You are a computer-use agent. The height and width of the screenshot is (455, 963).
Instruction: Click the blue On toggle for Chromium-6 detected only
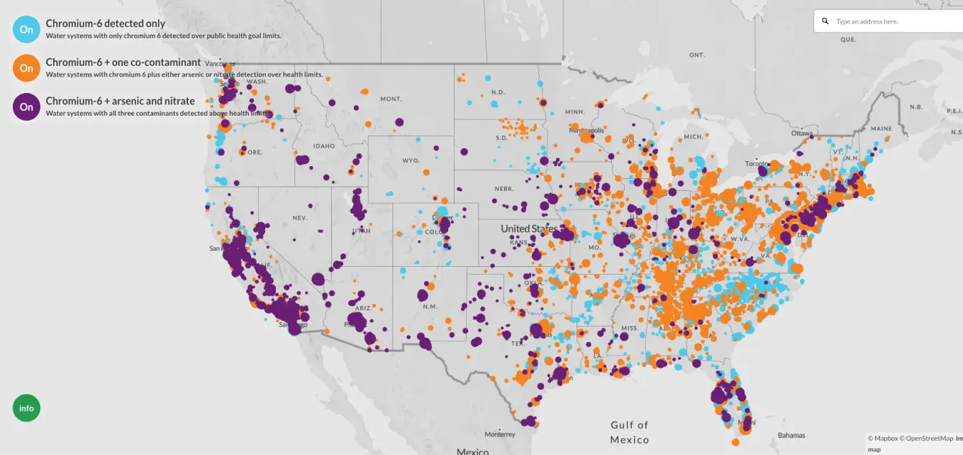[26, 29]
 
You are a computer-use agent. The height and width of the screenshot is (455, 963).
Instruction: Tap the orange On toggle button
[26, 68]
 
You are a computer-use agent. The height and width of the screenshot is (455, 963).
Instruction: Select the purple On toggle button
[26, 106]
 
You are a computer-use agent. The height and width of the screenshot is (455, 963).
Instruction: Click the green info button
[26, 408]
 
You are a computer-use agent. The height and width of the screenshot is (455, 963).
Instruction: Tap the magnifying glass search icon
[825, 21]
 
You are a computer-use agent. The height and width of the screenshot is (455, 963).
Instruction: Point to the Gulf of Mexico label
[629, 432]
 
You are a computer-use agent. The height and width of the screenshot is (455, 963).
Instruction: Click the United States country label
[529, 229]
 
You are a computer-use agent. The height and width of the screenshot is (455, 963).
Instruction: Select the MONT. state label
[391, 99]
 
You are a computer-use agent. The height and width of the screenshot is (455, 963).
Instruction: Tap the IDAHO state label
[323, 146]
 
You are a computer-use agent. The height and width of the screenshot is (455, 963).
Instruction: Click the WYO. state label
[411, 160]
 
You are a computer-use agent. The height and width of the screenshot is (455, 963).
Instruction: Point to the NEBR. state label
[504, 189]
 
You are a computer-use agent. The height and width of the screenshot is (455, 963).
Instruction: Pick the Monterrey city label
[500, 434]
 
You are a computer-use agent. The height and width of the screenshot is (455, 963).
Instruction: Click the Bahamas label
[791, 434]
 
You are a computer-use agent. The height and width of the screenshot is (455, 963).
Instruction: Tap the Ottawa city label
[802, 133]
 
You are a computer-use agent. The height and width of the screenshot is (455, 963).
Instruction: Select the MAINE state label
[881, 128]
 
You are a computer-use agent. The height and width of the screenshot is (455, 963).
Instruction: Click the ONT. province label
[696, 55]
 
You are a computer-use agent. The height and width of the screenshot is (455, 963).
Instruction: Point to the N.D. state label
[498, 92]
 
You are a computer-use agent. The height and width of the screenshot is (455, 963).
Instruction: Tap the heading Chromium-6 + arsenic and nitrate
[120, 101]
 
